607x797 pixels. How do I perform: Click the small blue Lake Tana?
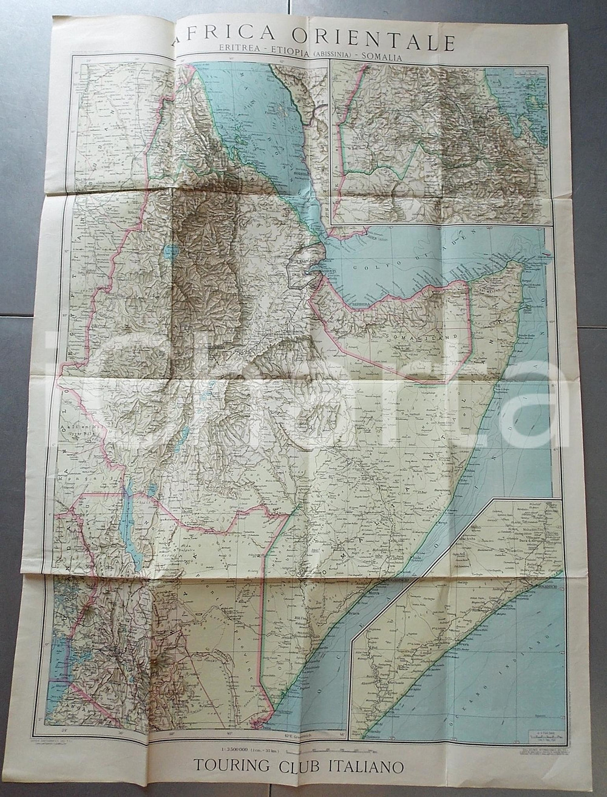click(x=172, y=249)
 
